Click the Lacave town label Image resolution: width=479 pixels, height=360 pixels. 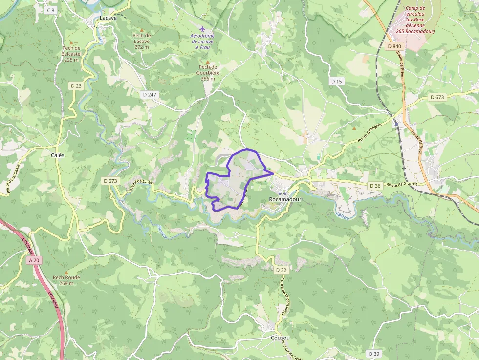108,18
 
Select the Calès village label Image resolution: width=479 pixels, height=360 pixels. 58,155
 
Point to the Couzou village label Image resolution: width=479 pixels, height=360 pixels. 280,338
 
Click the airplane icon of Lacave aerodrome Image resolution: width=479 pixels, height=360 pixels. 203,29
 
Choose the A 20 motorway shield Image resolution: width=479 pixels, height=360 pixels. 34,261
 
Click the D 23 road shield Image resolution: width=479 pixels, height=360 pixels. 76,85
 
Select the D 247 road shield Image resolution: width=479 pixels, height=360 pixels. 150,93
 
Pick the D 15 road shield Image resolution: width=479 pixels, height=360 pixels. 336,81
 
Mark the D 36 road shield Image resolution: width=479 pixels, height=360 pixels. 375,186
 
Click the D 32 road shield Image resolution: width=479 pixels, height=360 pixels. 281,270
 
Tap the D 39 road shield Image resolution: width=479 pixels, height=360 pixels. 374,353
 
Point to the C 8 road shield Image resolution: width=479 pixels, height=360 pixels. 50,10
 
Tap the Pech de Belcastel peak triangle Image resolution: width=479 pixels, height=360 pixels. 71,43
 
